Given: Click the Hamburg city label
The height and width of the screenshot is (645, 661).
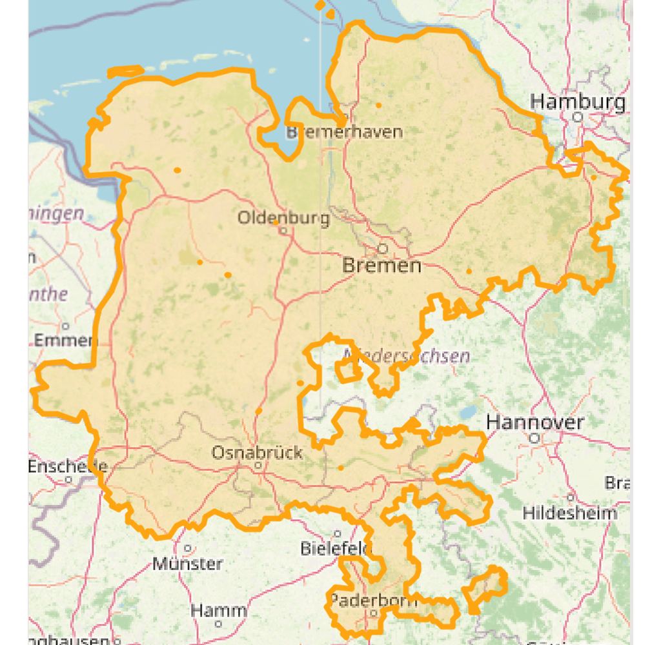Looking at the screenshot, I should [577, 102].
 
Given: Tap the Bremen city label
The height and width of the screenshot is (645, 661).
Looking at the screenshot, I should [381, 265].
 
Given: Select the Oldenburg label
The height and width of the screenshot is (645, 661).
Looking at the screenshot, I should [283, 218].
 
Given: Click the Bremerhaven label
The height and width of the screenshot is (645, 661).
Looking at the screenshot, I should [345, 132].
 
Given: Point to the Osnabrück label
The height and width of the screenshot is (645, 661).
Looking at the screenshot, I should [257, 453].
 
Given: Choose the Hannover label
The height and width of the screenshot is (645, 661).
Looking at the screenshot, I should [535, 423].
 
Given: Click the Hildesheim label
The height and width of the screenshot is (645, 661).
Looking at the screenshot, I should [569, 513].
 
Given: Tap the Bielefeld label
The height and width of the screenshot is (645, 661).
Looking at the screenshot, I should [335, 549].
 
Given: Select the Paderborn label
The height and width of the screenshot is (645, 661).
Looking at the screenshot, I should [373, 600].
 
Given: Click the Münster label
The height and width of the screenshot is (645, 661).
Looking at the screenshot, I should [187, 564].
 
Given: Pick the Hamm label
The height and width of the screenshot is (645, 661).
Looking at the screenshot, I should [218, 610].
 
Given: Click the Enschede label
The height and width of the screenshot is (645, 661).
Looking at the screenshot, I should [67, 466].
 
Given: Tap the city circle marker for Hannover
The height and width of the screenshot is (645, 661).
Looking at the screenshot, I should [534, 438].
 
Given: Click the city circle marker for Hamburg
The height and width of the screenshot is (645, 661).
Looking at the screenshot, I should [578, 117].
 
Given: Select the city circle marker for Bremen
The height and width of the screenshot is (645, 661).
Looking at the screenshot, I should [383, 248].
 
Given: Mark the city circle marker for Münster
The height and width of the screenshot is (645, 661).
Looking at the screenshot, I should [188, 548].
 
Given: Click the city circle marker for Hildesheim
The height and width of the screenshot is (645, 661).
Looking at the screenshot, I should [571, 497].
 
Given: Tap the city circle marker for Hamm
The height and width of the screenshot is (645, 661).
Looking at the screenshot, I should [219, 624].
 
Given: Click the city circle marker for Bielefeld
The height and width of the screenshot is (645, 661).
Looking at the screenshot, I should [337, 533].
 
